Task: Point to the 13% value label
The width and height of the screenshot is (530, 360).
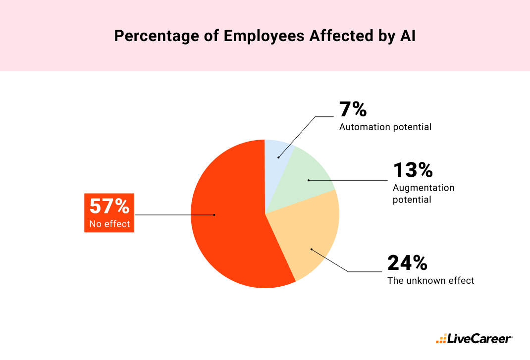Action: (x=413, y=170)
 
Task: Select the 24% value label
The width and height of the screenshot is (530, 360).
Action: (x=407, y=263)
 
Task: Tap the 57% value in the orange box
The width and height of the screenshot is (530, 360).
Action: (x=109, y=206)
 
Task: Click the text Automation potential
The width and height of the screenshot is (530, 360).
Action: (x=385, y=127)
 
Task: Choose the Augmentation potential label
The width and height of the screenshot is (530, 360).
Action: (x=423, y=194)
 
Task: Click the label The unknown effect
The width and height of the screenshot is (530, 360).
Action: (x=430, y=281)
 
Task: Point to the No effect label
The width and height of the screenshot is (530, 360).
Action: (x=109, y=224)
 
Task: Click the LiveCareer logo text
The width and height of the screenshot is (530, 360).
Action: (x=479, y=339)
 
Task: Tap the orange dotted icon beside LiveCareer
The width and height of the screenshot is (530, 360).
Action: (x=440, y=340)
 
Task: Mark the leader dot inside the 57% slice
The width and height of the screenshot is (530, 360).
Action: (x=214, y=215)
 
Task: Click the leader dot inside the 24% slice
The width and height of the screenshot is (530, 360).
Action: (x=311, y=249)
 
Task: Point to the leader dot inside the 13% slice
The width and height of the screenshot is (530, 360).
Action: (x=308, y=180)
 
